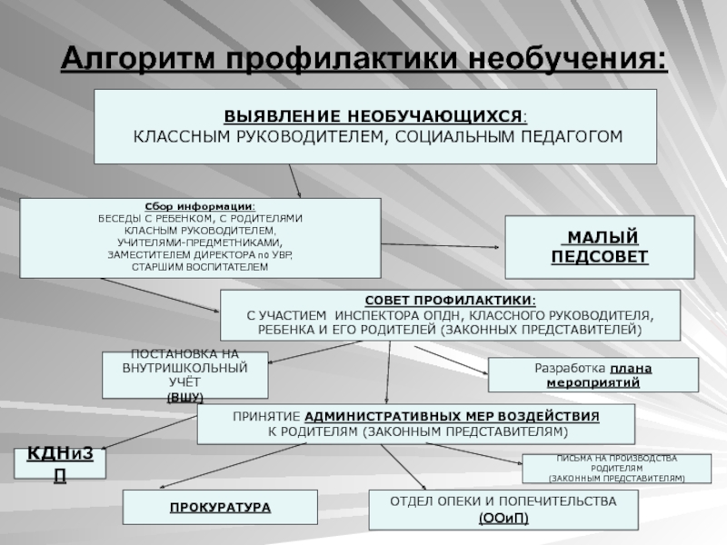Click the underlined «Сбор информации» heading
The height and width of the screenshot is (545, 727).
click(x=201, y=207)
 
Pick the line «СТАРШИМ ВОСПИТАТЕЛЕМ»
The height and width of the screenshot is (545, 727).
click(x=201, y=267)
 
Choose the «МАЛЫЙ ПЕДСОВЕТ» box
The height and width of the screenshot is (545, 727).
click(x=600, y=247)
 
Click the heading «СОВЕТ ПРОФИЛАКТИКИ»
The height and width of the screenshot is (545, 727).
click(x=450, y=300)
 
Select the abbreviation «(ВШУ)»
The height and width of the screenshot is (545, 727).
click(x=185, y=397)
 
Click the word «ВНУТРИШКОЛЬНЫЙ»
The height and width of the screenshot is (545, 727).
click(x=185, y=370)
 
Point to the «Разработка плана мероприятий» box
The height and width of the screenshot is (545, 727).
click(x=593, y=375)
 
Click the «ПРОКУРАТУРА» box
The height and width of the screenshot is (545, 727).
click(x=220, y=507)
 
